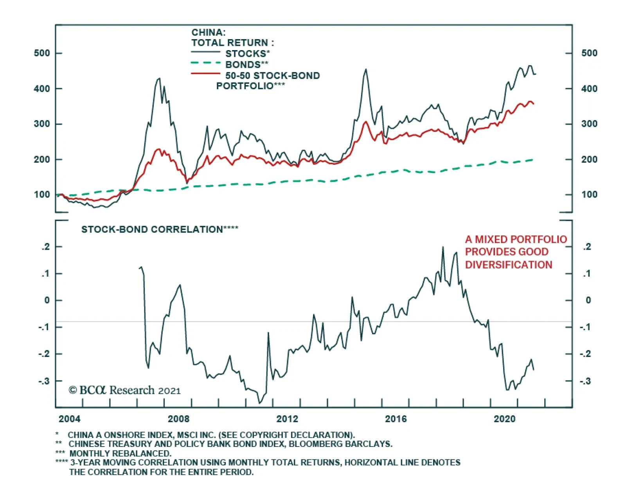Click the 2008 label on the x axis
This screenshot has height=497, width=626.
point(178,419)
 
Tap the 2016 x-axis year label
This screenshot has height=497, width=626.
point(396,419)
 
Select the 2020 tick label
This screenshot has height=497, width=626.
point(504,419)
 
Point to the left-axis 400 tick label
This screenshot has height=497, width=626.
point(42,89)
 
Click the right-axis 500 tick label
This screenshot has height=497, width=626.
point(589,53)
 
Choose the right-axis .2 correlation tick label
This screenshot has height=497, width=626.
point(587,247)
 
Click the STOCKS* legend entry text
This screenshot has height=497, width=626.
point(248,54)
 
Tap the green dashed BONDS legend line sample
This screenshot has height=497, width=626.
point(206,63)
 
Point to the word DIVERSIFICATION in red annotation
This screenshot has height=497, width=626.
point(508,265)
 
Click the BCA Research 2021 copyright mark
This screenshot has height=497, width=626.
point(124,391)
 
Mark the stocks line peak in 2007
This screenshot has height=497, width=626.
point(159,78)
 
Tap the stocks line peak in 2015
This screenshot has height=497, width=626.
point(366,69)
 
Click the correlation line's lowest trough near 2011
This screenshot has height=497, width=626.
point(259,403)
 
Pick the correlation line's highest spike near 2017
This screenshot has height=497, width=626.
point(443,247)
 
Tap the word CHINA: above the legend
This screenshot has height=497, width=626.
point(208,32)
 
